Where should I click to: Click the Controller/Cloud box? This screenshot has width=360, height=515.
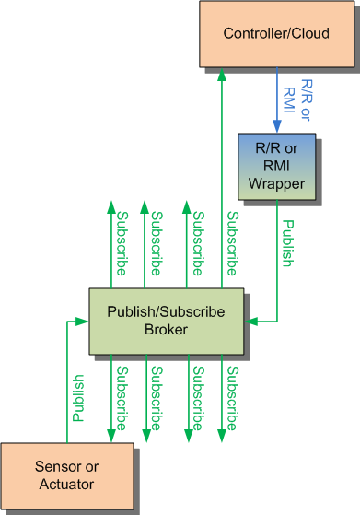pos(275,34)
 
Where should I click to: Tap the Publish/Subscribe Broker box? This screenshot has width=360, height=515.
pos(166,321)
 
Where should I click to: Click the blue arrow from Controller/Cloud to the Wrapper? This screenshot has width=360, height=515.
pos(275,101)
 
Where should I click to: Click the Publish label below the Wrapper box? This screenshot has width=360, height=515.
pos(289,244)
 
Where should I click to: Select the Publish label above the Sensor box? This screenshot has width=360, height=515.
pos(79,397)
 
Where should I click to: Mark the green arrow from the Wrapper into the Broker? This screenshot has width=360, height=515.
pos(275,276)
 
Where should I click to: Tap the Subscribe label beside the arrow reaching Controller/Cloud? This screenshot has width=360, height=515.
pos(234,244)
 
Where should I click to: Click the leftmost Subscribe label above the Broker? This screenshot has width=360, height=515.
pos(122,244)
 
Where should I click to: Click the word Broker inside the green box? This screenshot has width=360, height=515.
pos(166,329)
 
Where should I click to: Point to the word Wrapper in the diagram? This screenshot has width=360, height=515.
pos(275,182)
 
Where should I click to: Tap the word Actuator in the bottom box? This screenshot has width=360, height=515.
pos(66,485)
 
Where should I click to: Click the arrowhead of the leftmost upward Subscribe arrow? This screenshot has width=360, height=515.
pos(110,205)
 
